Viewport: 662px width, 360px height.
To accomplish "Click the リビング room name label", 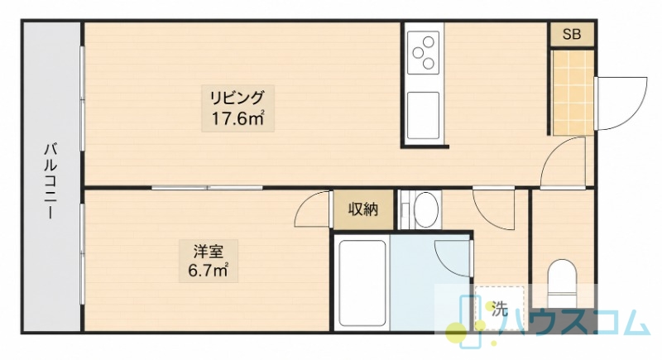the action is [x=237, y=98].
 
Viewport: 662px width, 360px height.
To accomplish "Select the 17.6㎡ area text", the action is [x=237, y=118].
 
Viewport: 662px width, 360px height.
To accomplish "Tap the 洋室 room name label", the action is [x=209, y=252].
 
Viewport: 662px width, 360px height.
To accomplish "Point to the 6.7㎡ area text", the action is [x=209, y=270].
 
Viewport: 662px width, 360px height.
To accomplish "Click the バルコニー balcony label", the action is [x=50, y=181].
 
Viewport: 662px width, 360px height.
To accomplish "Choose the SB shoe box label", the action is [x=572, y=34].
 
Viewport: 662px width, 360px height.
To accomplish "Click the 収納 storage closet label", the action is [x=363, y=209].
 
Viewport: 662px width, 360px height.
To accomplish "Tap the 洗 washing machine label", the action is [x=500, y=310].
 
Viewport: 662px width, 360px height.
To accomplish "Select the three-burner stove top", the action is [x=424, y=52].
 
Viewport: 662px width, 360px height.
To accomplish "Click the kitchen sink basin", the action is [x=423, y=115].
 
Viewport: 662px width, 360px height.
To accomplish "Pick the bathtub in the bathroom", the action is [x=362, y=284].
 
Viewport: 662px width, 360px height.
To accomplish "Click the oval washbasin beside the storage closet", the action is [x=425, y=209].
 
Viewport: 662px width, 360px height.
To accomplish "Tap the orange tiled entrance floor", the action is [x=573, y=92].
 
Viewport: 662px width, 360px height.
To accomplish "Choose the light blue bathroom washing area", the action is [x=429, y=283].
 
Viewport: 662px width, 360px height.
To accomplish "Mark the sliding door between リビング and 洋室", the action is [x=207, y=187].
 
